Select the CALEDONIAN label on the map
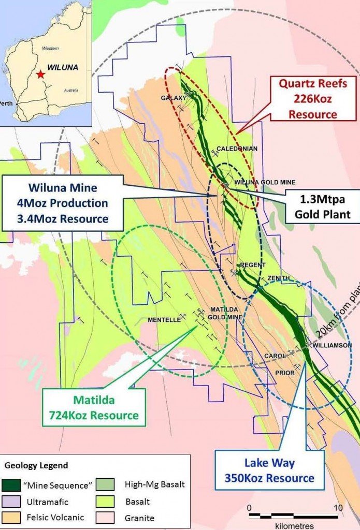click(x=237, y=149)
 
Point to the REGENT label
click(x=253, y=265)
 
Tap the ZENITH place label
click(x=278, y=278)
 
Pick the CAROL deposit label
click(x=275, y=356)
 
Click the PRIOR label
click(x=285, y=373)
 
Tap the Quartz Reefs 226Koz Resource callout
click(x=313, y=99)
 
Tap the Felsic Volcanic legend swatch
click(x=14, y=517)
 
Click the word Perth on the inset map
click(x=6, y=103)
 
